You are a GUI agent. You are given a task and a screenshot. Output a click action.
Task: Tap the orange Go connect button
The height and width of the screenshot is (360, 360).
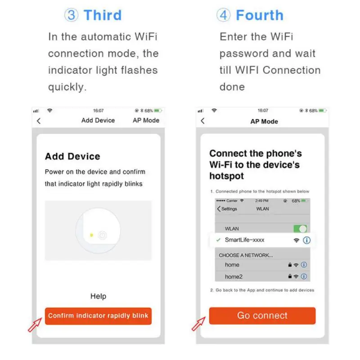[262, 315]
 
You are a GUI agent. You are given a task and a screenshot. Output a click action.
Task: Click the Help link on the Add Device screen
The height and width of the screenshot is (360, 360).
[98, 296]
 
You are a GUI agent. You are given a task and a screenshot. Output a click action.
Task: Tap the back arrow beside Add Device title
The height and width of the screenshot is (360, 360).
[39, 121]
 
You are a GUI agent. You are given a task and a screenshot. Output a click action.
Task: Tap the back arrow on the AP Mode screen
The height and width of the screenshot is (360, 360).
[202, 121]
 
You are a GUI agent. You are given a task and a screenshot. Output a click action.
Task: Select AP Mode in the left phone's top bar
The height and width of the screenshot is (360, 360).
[146, 120]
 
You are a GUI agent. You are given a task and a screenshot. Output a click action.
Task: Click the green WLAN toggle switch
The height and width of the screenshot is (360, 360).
[300, 229]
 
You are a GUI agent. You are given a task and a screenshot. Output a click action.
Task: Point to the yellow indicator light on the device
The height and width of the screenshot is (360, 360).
[92, 234]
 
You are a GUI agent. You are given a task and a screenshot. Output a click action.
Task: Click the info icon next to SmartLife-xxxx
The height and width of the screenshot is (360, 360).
[307, 240]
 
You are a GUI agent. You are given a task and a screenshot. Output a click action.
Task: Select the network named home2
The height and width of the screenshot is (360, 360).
[234, 276]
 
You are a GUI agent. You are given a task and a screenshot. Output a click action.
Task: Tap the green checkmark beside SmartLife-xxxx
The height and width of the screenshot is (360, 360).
[218, 240]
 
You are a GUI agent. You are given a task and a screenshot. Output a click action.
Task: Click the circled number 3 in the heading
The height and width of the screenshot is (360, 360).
[71, 15]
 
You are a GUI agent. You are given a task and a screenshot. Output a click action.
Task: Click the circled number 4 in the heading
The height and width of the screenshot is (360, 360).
[223, 15]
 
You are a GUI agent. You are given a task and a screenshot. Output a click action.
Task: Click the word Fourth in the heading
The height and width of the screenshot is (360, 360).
[260, 15]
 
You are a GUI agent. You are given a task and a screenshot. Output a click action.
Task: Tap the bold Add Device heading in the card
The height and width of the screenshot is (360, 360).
[72, 157]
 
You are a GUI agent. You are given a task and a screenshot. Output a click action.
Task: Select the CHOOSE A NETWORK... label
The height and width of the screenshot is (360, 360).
[246, 255]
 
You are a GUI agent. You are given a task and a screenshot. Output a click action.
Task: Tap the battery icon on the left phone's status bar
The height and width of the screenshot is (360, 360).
[157, 110]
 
